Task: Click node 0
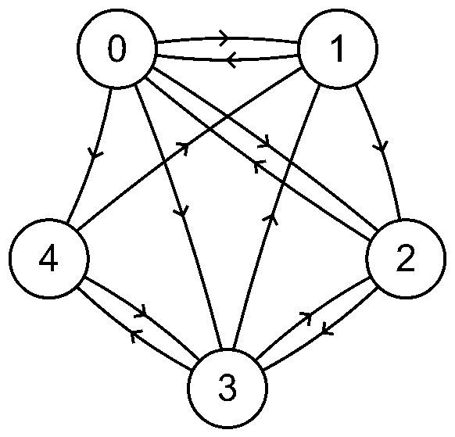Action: pos(116,48)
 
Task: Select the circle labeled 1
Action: pos(338,48)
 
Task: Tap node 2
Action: pos(406,259)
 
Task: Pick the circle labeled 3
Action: pos(227,389)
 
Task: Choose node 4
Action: pos(49,259)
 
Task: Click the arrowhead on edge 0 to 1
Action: pos(224,38)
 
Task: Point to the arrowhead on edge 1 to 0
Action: pos(231,60)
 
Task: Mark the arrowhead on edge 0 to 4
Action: pos(95,153)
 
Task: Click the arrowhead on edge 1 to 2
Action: pos(382,146)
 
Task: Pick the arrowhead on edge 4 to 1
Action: pos(184,146)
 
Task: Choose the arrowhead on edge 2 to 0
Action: pos(259,166)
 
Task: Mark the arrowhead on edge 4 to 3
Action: pos(142,312)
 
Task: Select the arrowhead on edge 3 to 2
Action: pos(306,317)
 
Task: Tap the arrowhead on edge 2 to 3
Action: pos(327,331)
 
